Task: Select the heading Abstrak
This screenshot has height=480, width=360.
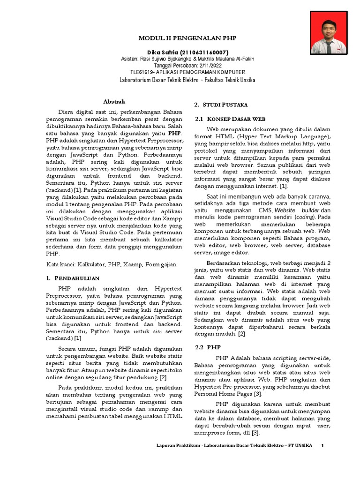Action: [114, 101]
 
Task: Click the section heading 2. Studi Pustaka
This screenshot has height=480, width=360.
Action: [220, 104]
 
